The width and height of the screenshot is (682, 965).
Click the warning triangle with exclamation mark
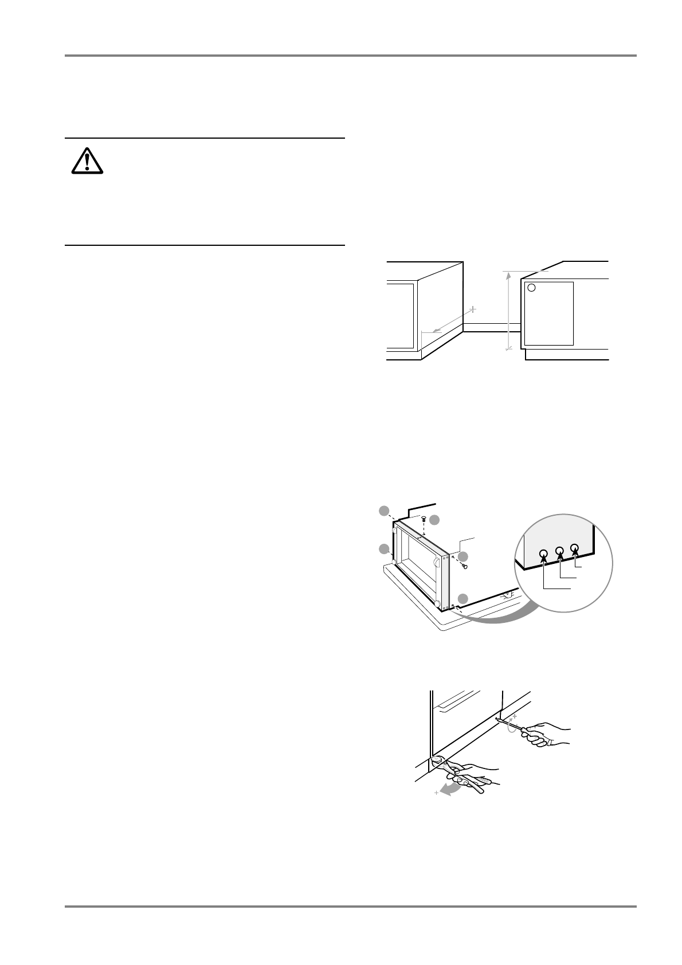(x=87, y=161)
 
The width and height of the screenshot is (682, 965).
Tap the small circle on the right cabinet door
(x=531, y=288)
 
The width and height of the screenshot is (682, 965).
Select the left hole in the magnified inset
(x=544, y=554)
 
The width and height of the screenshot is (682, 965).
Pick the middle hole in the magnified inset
(x=560, y=551)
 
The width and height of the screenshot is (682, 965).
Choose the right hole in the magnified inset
(x=575, y=548)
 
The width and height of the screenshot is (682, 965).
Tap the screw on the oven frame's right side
(x=465, y=567)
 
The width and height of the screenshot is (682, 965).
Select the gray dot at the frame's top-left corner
(x=385, y=511)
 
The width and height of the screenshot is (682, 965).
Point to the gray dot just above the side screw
(x=463, y=556)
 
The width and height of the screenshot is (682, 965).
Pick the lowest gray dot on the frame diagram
(x=463, y=598)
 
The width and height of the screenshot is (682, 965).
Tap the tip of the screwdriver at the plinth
(x=496, y=717)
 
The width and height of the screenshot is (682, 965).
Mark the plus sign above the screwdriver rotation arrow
(x=514, y=716)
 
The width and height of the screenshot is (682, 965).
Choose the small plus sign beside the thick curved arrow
(x=437, y=793)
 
